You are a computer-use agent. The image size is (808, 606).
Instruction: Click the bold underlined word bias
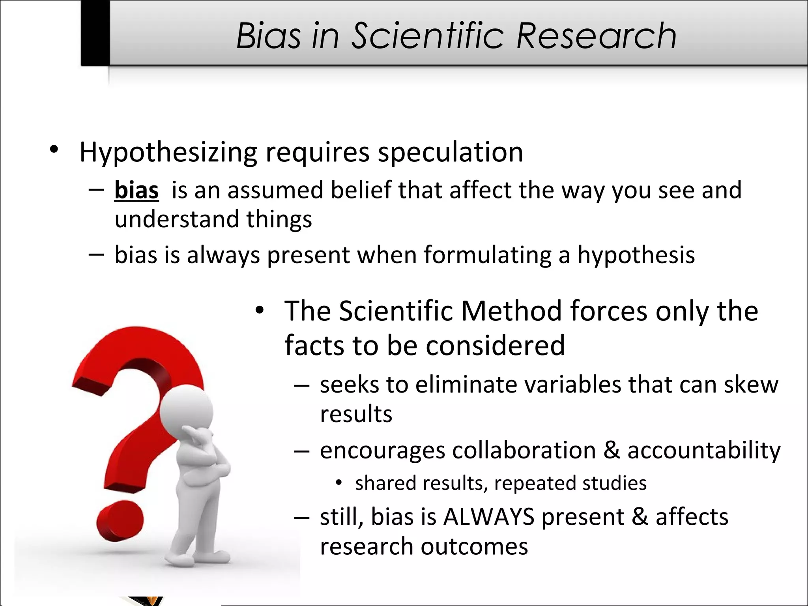click(x=137, y=190)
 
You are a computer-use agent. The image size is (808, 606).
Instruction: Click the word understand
click(x=177, y=219)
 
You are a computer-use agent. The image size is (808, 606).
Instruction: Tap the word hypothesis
click(x=636, y=255)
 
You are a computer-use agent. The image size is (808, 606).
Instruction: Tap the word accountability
click(x=703, y=450)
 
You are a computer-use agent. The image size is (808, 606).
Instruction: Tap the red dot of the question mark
click(x=120, y=521)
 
